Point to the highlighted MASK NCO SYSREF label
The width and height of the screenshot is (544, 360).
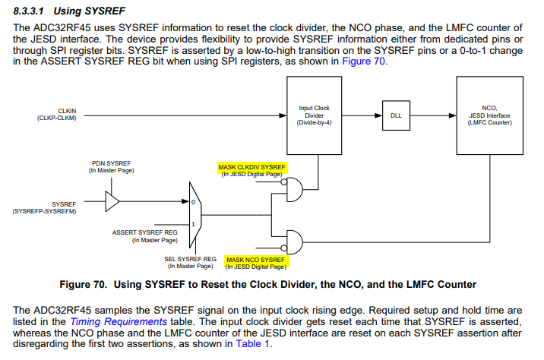click(258, 260)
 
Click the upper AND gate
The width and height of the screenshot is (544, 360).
click(293, 190)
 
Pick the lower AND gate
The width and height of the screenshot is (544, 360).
click(293, 242)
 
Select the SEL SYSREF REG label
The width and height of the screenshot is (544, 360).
click(190, 262)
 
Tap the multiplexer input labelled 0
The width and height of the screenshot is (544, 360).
click(194, 203)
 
